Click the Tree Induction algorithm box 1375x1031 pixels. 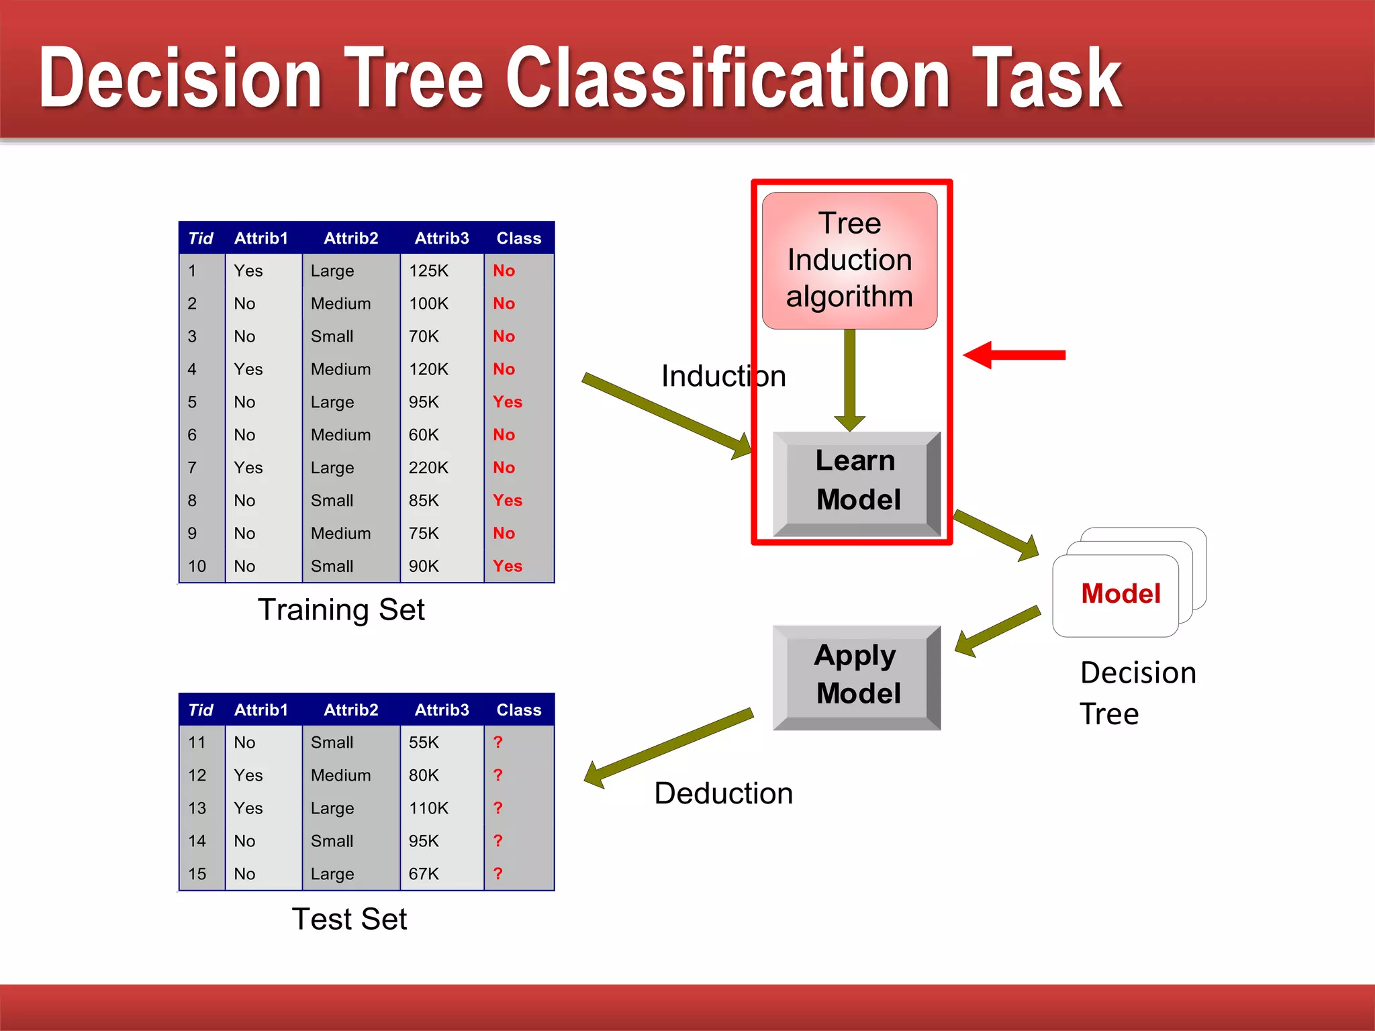(849, 260)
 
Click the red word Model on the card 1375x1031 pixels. (1121, 594)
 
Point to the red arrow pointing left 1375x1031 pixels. (1014, 355)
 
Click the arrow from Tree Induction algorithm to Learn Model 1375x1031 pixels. (849, 379)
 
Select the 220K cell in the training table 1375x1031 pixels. (428, 468)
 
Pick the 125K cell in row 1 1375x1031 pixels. (428, 271)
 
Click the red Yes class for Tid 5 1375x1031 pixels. (507, 402)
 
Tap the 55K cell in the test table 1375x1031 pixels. (424, 743)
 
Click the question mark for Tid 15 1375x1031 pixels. (497, 874)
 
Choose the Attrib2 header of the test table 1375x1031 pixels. (351, 710)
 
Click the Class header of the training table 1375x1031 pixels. (518, 239)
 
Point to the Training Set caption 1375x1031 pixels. (341, 610)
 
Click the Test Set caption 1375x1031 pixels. (349, 920)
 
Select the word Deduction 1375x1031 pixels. (723, 794)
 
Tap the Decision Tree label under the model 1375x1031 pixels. (1137, 693)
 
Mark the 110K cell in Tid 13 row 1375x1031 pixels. (428, 808)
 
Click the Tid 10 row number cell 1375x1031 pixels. (197, 567)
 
